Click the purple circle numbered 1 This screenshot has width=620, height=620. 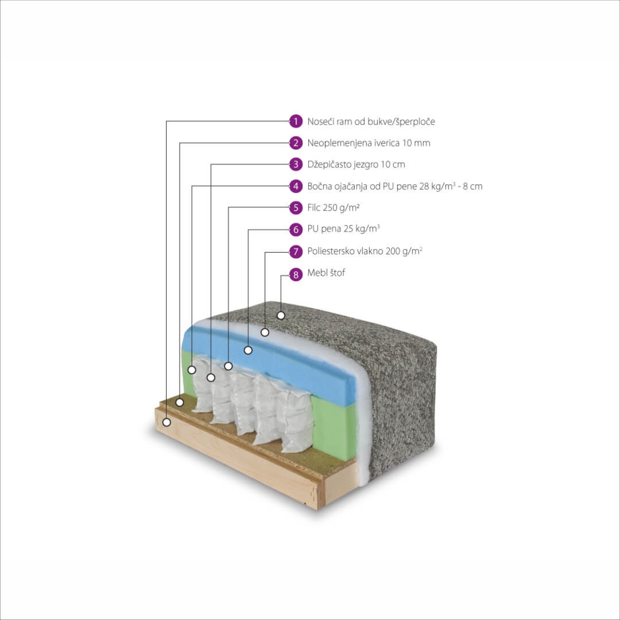(x=295, y=121)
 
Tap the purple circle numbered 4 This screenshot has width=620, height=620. (x=295, y=186)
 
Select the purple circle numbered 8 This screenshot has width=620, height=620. (x=295, y=275)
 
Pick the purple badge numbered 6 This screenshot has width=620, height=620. (x=295, y=229)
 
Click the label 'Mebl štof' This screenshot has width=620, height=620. (x=326, y=273)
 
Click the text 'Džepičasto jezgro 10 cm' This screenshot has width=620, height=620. (x=356, y=164)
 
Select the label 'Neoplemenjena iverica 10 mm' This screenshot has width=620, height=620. (x=368, y=143)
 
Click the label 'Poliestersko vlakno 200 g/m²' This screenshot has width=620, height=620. (x=365, y=251)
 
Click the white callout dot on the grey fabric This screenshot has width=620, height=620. (x=281, y=315)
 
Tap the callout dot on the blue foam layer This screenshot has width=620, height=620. (x=248, y=350)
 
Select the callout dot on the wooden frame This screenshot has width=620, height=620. (x=166, y=422)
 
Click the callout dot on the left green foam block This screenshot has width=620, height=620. (x=192, y=370)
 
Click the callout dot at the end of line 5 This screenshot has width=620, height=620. (x=228, y=366)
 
